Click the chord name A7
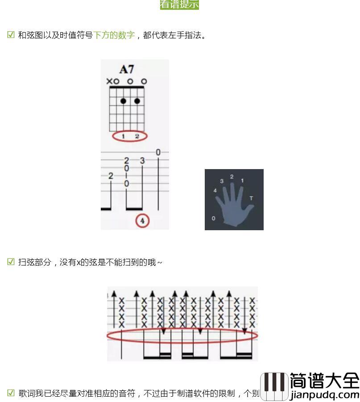point(127,69)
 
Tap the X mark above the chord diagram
point(109,81)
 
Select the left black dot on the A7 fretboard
point(123,101)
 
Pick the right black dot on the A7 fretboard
point(137,101)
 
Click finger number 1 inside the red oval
point(124,136)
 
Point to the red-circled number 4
point(142,220)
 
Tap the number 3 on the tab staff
point(142,161)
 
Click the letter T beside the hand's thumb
point(251,198)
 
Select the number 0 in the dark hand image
point(213,218)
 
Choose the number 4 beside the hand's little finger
point(215,191)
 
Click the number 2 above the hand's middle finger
point(232,177)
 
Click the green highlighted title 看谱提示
point(179,4)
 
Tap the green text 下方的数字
point(114,35)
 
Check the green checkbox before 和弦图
point(11,35)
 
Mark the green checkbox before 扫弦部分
point(11,262)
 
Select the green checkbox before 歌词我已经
point(11,393)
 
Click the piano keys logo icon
point(274,386)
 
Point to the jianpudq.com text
point(324,394)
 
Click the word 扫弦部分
point(35,262)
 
